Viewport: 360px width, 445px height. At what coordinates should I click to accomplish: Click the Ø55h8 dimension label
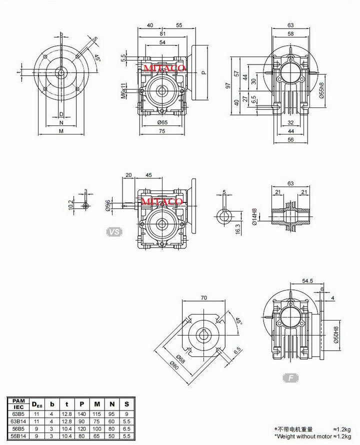tap(321, 90)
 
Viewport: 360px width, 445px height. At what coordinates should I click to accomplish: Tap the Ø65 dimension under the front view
tap(162, 122)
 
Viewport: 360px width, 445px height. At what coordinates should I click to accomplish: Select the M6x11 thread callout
tap(123, 91)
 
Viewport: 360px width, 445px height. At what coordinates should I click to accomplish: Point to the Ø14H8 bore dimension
tap(254, 217)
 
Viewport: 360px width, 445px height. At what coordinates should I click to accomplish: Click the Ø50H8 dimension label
tap(336, 334)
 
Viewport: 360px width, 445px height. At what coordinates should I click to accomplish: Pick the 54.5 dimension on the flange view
tap(307, 280)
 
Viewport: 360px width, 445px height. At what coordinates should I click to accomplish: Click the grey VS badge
tap(114, 232)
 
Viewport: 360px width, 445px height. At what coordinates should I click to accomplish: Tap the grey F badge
tap(291, 377)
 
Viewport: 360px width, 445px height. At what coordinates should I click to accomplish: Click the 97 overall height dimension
tap(228, 85)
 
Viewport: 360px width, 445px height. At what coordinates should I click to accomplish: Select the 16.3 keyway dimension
tap(238, 229)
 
